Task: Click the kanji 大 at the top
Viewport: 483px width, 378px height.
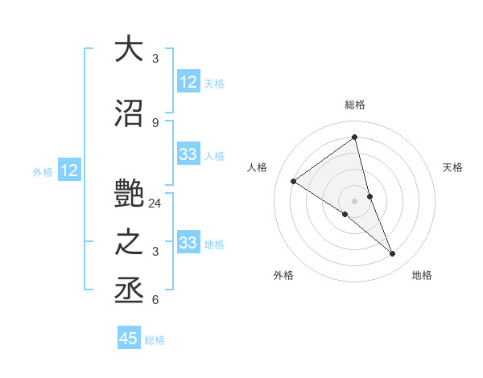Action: click(130, 49)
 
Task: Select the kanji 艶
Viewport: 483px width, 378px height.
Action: click(130, 195)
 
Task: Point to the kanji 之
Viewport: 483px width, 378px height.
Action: click(130, 243)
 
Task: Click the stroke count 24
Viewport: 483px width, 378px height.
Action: click(155, 203)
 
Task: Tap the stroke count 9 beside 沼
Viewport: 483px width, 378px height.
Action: click(155, 122)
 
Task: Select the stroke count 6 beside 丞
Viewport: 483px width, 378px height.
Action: click(155, 300)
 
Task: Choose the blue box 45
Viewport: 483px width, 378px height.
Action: click(129, 339)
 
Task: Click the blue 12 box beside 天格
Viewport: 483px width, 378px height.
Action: click(188, 82)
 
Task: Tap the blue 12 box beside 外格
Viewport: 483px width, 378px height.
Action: click(69, 171)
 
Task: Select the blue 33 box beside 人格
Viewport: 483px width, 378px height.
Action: click(188, 154)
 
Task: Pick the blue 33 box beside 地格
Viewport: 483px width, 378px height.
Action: click(188, 243)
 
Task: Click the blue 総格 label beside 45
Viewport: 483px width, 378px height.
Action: click(155, 340)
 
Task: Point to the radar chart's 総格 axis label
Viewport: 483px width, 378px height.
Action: click(354, 105)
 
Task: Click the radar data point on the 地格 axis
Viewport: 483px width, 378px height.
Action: click(393, 254)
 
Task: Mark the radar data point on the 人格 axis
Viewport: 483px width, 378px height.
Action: click(293, 181)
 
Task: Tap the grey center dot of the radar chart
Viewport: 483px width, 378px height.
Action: click(354, 200)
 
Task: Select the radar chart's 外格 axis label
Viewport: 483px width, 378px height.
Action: click(283, 275)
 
